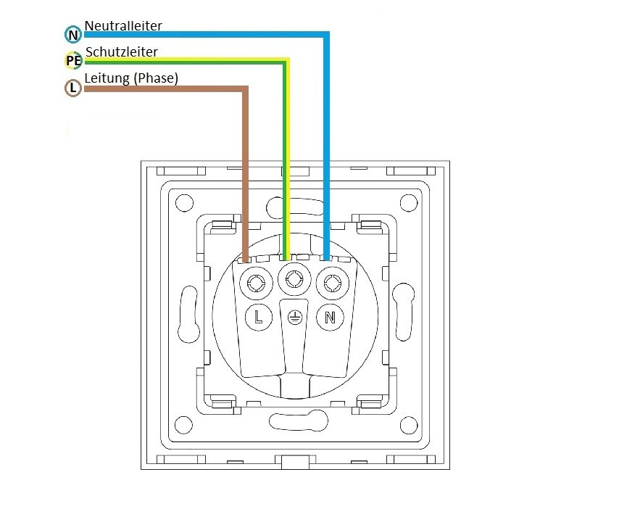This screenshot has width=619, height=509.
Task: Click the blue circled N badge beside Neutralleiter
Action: (72, 34)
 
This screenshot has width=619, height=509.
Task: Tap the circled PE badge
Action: (73, 61)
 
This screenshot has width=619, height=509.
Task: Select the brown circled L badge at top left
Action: (72, 88)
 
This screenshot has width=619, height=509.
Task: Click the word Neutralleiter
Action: (123, 26)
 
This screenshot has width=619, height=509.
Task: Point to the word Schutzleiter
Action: (121, 52)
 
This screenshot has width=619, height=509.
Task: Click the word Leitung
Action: (107, 78)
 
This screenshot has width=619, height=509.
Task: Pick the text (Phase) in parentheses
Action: (156, 78)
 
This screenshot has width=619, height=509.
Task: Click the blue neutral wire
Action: (326, 145)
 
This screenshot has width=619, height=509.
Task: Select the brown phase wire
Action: (246, 167)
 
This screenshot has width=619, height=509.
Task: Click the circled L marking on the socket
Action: (258, 316)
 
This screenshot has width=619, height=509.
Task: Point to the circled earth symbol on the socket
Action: (294, 317)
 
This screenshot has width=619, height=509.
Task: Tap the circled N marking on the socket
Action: (330, 316)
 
